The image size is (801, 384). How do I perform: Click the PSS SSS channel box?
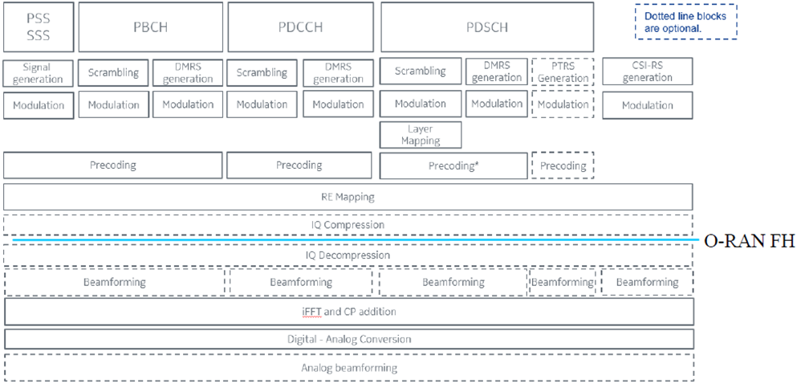38,27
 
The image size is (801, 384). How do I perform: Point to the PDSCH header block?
486,27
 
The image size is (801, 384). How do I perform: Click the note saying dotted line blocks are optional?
685,22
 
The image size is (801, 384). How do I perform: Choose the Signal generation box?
38,73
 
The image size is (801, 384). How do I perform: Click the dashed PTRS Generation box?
563,72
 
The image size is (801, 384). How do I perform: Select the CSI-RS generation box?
647,72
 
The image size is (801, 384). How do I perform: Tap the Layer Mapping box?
421,135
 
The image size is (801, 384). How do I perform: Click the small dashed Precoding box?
563,165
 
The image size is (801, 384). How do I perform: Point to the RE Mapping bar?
348,197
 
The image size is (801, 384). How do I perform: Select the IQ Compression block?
348,225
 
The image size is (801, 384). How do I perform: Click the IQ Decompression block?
348,255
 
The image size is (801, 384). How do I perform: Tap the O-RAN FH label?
749,240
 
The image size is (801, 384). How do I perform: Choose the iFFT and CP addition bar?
348,311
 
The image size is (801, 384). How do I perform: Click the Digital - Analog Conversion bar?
348,339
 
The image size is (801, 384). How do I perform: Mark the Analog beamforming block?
348,368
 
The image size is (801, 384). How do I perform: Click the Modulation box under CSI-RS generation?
647,105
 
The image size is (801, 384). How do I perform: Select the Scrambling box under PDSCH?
420,71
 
